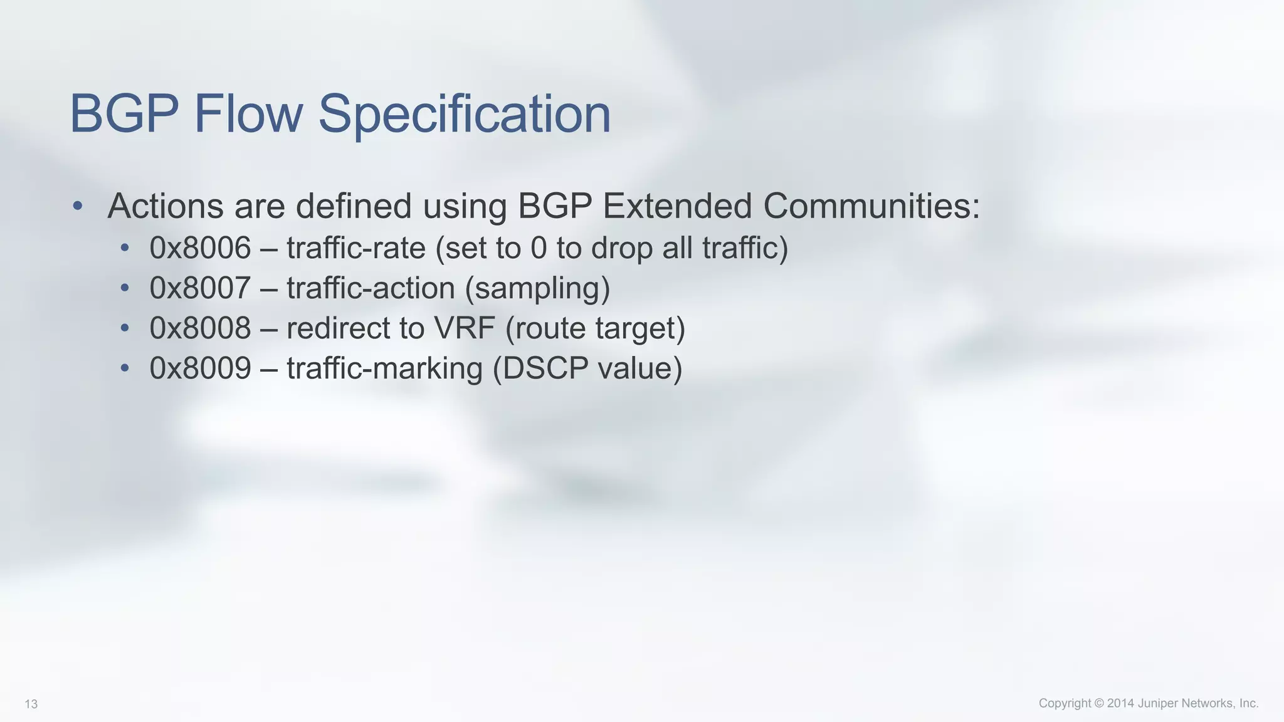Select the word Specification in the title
click(x=465, y=114)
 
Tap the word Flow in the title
click(x=248, y=114)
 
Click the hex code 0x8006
click(x=200, y=248)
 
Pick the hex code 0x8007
click(x=200, y=288)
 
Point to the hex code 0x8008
click(x=200, y=328)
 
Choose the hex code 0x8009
click(x=200, y=368)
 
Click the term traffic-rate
click(x=356, y=248)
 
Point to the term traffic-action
click(x=371, y=288)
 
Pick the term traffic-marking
click(x=384, y=368)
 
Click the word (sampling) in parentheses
click(x=537, y=288)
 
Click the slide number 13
click(x=31, y=704)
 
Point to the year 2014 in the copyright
click(x=1120, y=703)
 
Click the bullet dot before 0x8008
click(x=125, y=328)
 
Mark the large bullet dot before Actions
click(x=77, y=206)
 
